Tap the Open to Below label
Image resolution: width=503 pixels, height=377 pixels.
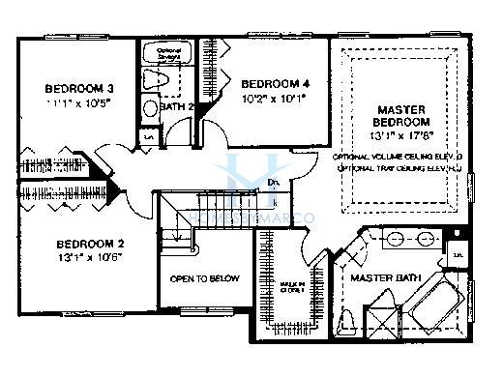pos(204,278)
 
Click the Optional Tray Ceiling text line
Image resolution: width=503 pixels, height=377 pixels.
pos(398,168)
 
